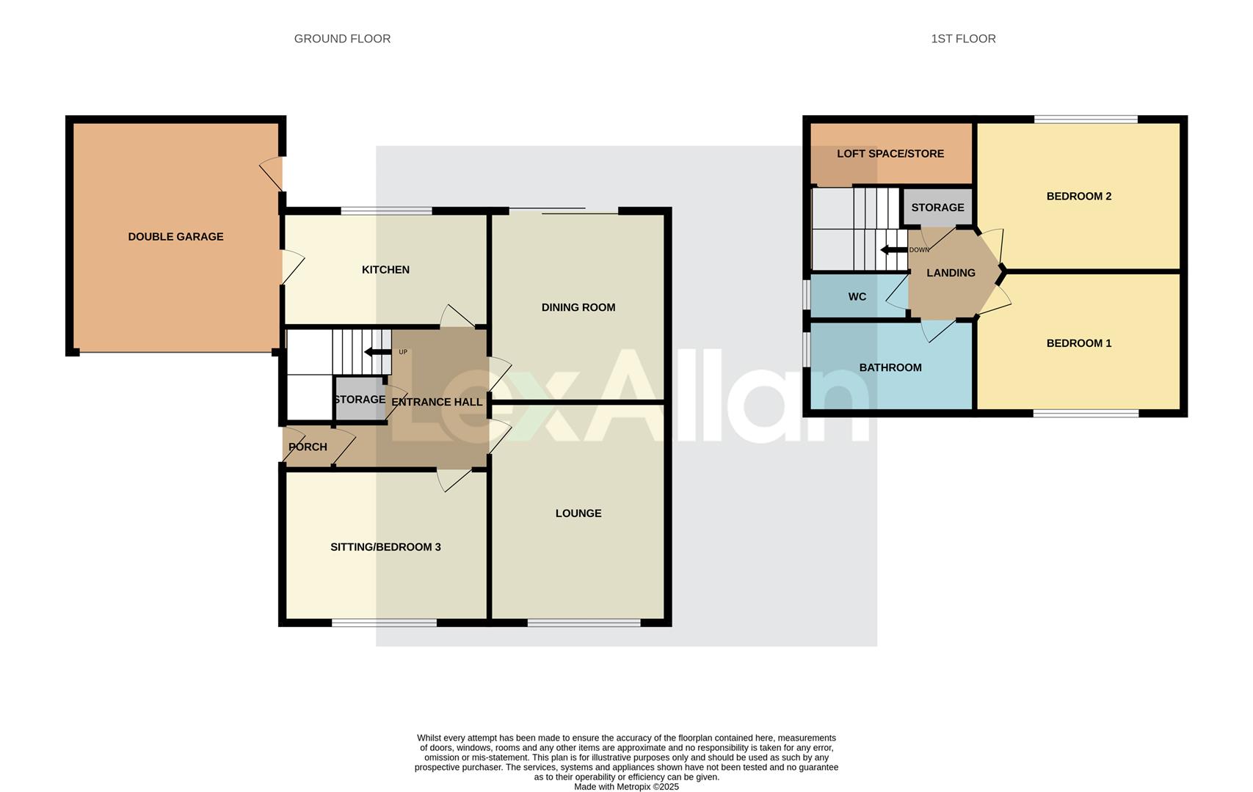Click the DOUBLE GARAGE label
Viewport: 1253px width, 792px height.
[x=175, y=237]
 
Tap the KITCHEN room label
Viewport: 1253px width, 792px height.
[x=385, y=270]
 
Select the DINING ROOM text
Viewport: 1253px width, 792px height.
[x=578, y=307]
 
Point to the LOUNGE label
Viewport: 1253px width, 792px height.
[x=578, y=513]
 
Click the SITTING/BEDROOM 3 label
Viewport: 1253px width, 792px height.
[x=385, y=547]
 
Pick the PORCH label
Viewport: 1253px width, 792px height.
[x=308, y=447]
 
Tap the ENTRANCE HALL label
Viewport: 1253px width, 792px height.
[x=437, y=402]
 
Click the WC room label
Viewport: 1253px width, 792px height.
[x=857, y=297]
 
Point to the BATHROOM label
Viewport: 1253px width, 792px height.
[x=890, y=367]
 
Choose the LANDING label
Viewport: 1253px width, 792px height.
[x=951, y=273]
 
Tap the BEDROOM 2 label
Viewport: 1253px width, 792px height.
[x=1078, y=197]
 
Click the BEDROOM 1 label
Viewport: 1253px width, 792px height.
[x=1078, y=343]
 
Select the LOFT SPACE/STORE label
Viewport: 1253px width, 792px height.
[x=890, y=154]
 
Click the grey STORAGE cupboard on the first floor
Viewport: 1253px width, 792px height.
[x=937, y=208]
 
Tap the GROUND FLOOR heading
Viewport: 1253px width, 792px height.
[x=342, y=39]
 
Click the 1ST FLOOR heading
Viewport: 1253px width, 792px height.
[x=963, y=39]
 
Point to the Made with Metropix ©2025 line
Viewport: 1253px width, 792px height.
[x=626, y=787]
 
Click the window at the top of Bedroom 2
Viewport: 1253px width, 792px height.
[x=1086, y=119]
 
